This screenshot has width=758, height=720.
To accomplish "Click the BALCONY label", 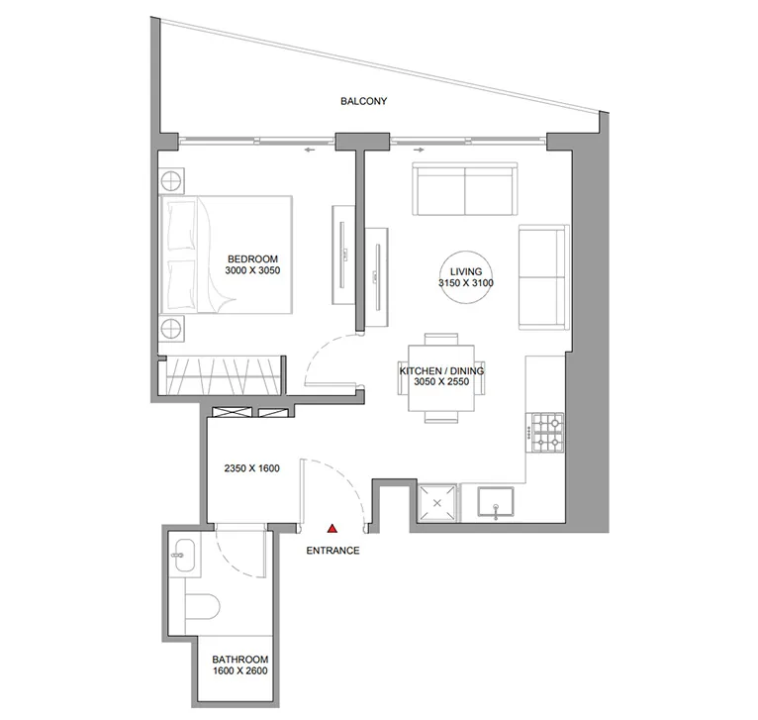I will [x=363, y=101].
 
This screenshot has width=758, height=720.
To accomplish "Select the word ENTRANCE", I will [x=332, y=551].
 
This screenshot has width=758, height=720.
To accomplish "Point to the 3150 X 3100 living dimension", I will [x=465, y=283].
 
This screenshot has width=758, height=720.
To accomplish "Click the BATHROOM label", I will [x=239, y=660].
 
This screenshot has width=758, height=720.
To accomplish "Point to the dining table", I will [x=441, y=377].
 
